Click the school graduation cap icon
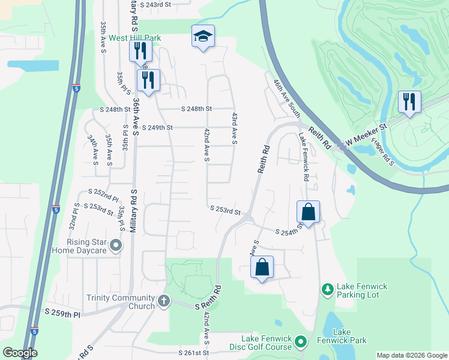[203, 37]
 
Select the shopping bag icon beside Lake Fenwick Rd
[308, 212]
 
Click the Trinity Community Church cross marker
[164, 302]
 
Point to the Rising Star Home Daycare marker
[116, 245]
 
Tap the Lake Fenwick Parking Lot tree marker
[327, 290]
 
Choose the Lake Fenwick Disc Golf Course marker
[301, 343]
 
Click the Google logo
[19, 352]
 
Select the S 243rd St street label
[155, 5]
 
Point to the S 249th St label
[157, 128]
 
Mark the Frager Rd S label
[382, 152]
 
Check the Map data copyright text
[411, 355]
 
